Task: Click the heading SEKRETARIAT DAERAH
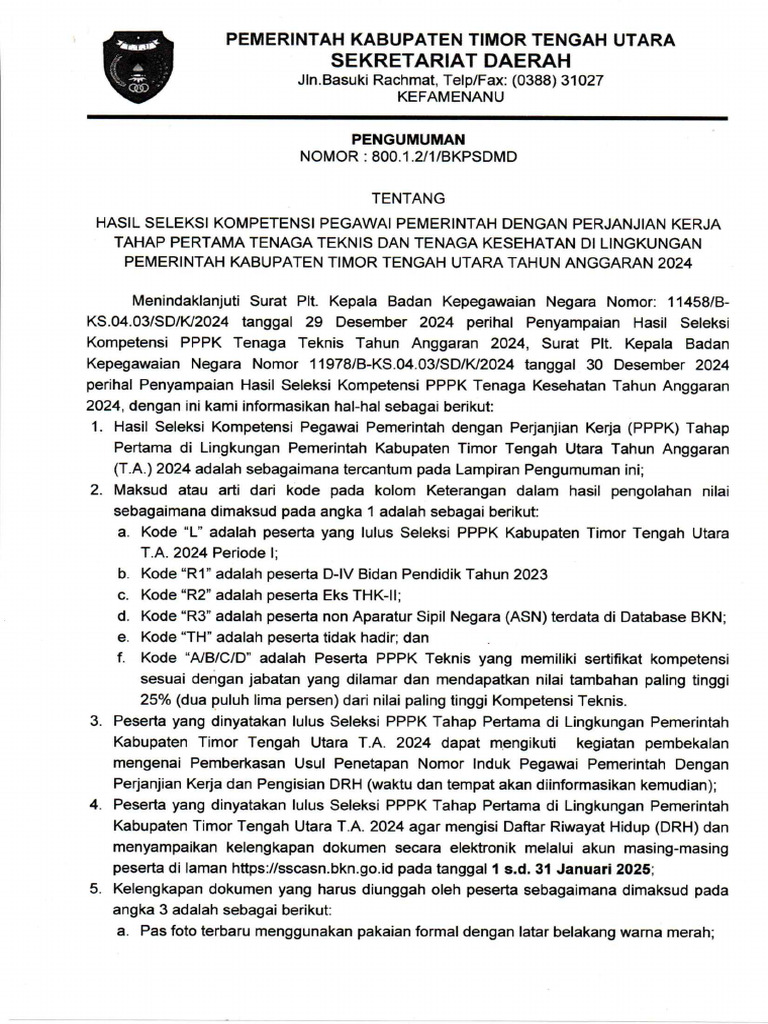coord(449,61)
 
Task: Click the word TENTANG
coord(404,198)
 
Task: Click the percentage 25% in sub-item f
coord(157,700)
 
